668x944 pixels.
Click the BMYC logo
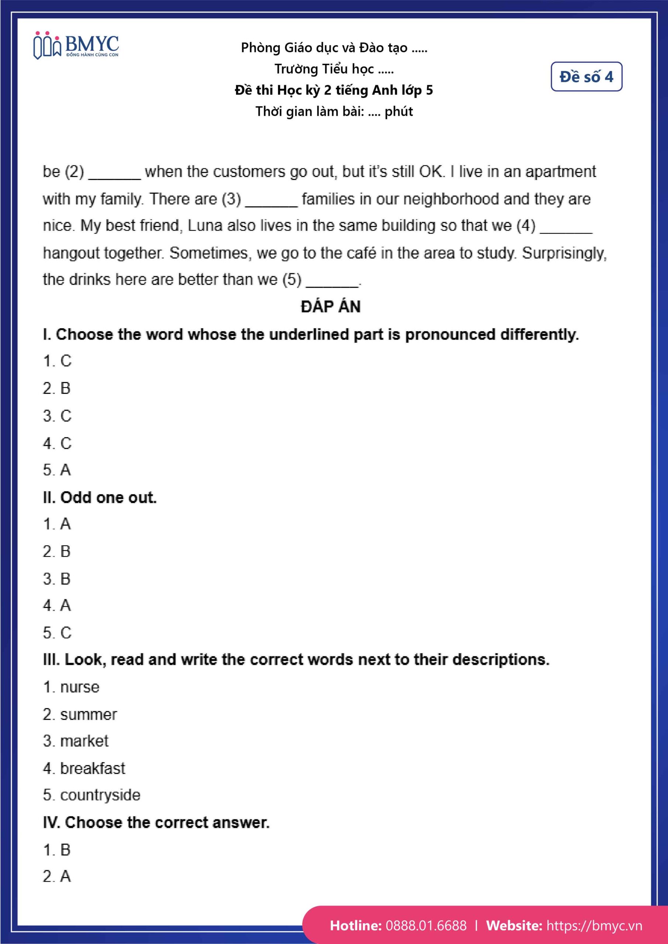[x=76, y=45]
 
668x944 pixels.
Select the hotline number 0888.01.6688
[x=426, y=926]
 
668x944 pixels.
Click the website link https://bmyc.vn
[x=594, y=926]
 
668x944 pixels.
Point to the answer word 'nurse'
[x=80, y=687]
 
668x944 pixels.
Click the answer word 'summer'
[x=89, y=715]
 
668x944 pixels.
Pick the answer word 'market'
[x=84, y=741]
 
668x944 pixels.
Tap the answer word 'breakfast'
[x=93, y=768]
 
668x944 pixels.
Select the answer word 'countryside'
[x=100, y=795]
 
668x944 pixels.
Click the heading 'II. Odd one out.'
[x=100, y=497]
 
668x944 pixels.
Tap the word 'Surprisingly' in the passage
[x=564, y=254]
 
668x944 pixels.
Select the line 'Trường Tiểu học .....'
[x=334, y=69]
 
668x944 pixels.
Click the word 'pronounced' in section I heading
[x=450, y=335]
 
